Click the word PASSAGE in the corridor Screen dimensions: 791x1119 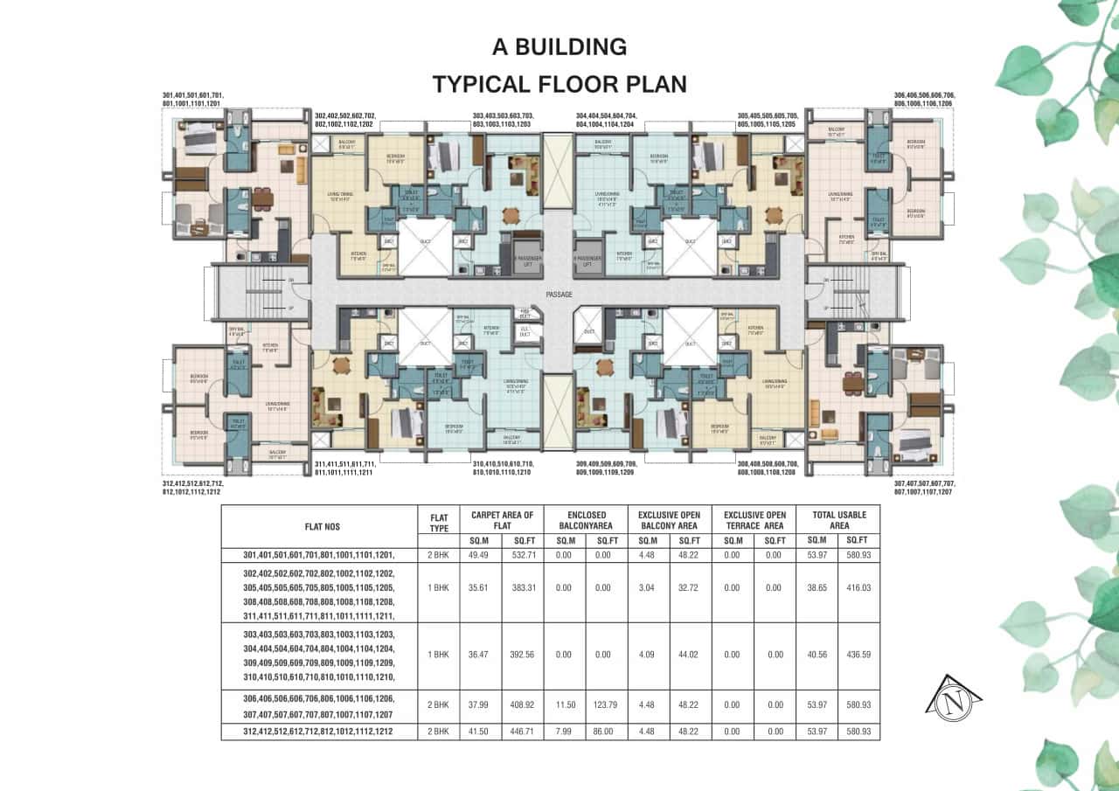(x=559, y=295)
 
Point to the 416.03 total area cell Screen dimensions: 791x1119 (x=858, y=587)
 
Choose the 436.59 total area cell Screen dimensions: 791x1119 (x=858, y=654)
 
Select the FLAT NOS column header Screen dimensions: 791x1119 (x=320, y=527)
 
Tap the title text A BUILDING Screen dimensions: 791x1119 (x=559, y=46)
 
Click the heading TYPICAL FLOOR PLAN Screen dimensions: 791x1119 (x=559, y=84)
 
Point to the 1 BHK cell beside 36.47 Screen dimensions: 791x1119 (x=439, y=654)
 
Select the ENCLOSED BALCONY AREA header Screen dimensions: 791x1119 (x=585, y=520)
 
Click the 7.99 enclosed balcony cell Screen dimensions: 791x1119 (x=564, y=731)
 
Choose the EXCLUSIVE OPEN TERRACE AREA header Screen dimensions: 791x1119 (x=754, y=520)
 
